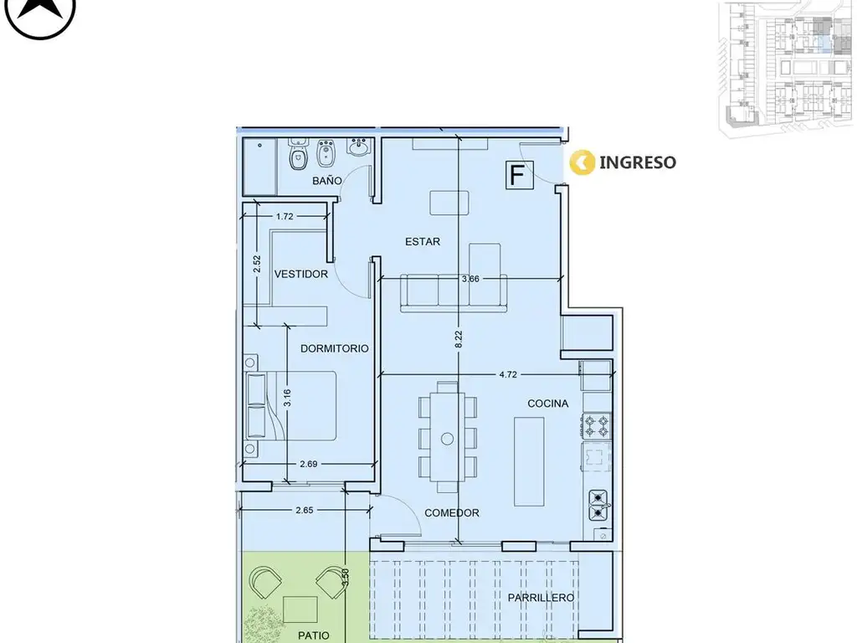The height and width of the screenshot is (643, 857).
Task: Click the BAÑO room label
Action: [327, 181]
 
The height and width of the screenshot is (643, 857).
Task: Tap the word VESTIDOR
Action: [301, 274]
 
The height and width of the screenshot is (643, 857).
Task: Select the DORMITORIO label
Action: [335, 348]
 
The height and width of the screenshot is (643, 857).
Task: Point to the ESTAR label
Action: [423, 241]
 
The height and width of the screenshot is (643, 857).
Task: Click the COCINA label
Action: [547, 404]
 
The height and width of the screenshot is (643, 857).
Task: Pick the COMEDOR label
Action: [452, 513]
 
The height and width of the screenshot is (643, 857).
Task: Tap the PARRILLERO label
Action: [541, 598]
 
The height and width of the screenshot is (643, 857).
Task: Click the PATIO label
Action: [314, 635]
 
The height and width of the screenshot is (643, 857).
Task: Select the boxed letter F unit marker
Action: [519, 175]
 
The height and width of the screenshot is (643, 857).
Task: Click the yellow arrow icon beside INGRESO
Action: [582, 162]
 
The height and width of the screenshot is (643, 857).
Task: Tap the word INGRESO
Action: [637, 162]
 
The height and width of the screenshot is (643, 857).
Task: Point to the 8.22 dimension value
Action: [459, 340]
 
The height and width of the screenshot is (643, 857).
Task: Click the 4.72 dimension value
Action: [508, 374]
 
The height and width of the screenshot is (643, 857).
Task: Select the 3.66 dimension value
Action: [470, 279]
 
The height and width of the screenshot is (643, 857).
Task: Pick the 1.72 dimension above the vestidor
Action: [285, 217]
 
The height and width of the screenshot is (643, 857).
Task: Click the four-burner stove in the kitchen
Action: [597, 425]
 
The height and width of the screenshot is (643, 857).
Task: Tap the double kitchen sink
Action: [599, 505]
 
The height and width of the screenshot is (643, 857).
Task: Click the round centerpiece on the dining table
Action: [447, 439]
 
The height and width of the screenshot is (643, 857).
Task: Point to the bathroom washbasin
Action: [359, 147]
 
